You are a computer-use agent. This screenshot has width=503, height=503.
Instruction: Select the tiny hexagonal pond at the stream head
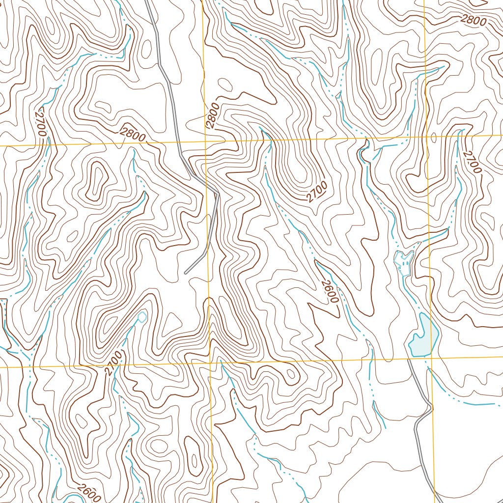(x=142, y=317)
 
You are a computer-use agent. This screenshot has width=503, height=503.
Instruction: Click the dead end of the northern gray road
(x=185, y=272)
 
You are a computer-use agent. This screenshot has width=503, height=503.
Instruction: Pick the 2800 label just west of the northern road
(x=132, y=134)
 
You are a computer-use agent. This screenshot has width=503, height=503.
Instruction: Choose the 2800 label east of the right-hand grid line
(x=473, y=20)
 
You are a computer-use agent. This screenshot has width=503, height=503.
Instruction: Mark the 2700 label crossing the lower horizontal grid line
(x=112, y=363)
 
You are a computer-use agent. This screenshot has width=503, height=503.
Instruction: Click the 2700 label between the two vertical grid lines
(x=317, y=192)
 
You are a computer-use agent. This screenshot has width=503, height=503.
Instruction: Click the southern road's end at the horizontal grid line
(x=408, y=360)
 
